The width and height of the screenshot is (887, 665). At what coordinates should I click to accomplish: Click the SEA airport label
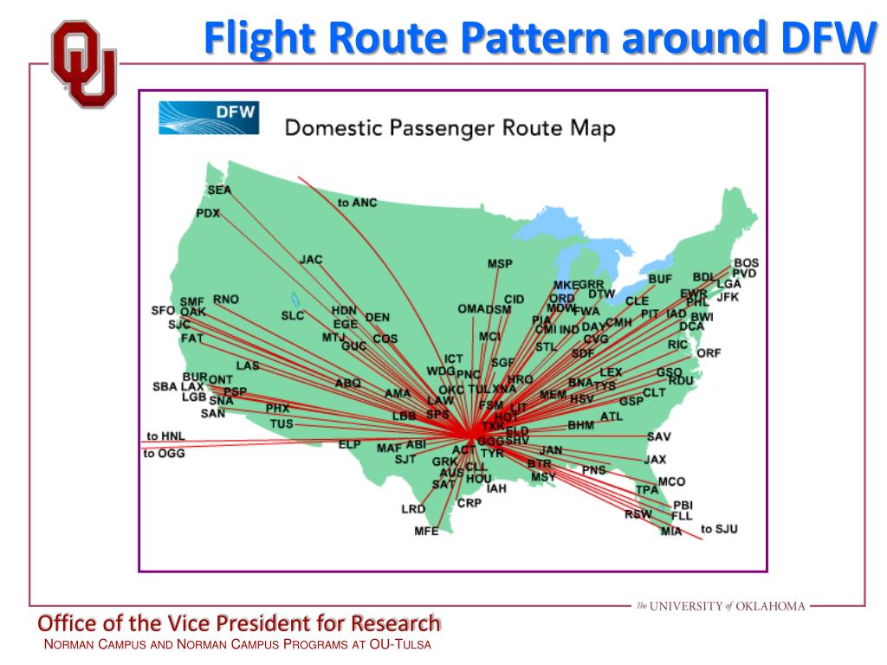tap(219, 190)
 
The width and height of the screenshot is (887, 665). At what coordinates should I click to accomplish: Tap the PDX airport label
tap(208, 214)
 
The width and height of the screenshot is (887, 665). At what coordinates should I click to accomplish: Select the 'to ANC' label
tap(358, 203)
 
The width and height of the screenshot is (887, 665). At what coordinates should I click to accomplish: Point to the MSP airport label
tap(500, 264)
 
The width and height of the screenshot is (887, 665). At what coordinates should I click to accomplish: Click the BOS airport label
tap(745, 263)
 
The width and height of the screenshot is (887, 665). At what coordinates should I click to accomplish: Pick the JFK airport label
tap(728, 297)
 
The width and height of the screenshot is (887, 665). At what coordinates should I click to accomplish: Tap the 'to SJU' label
tap(719, 528)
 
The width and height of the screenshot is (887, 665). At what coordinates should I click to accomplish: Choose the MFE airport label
tap(426, 532)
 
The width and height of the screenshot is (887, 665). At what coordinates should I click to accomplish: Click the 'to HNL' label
tap(165, 436)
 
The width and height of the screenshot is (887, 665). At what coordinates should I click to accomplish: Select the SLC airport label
tap(293, 316)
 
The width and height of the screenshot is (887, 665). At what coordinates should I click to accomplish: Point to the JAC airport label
tap(311, 259)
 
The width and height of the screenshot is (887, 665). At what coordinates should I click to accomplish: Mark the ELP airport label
tap(349, 444)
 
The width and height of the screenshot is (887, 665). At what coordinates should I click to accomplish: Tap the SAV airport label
tap(659, 436)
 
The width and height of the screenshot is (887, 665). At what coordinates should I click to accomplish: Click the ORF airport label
tap(709, 353)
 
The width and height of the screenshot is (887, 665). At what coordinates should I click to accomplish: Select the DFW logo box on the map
tap(209, 118)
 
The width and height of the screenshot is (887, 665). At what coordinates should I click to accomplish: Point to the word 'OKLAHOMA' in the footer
tap(771, 606)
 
